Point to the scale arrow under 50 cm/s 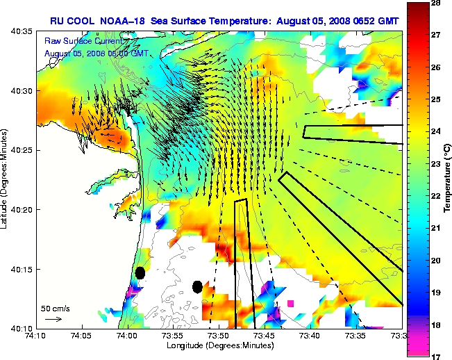click(x=53, y=319)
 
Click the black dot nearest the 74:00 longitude click(x=140, y=272)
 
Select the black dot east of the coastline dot click(x=198, y=286)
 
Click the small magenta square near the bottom click(x=290, y=303)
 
